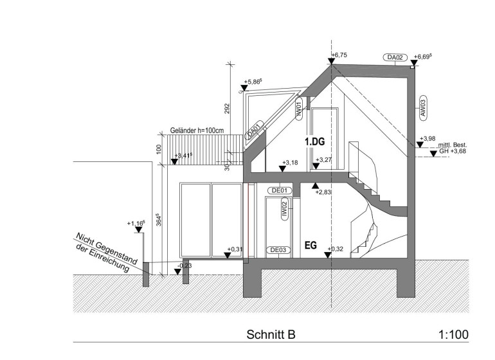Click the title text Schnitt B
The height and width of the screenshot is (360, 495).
click(271, 335)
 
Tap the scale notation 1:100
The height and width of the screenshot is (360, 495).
click(453, 335)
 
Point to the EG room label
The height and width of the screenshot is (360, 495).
click(310, 246)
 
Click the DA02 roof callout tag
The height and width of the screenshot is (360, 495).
click(395, 58)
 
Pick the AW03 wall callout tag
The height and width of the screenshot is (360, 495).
click(423, 107)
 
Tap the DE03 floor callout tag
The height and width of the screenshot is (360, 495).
click(278, 250)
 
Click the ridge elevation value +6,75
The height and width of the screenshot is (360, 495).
click(339, 55)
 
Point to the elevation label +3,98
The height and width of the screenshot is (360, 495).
click(428, 138)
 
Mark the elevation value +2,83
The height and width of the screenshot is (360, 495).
click(325, 192)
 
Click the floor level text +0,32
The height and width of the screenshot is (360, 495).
click(336, 248)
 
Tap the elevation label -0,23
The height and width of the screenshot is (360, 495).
click(184, 264)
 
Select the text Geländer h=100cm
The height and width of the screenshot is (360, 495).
click(197, 130)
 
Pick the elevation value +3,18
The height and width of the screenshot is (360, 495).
click(291, 163)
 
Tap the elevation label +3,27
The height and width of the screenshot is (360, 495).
click(323, 160)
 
